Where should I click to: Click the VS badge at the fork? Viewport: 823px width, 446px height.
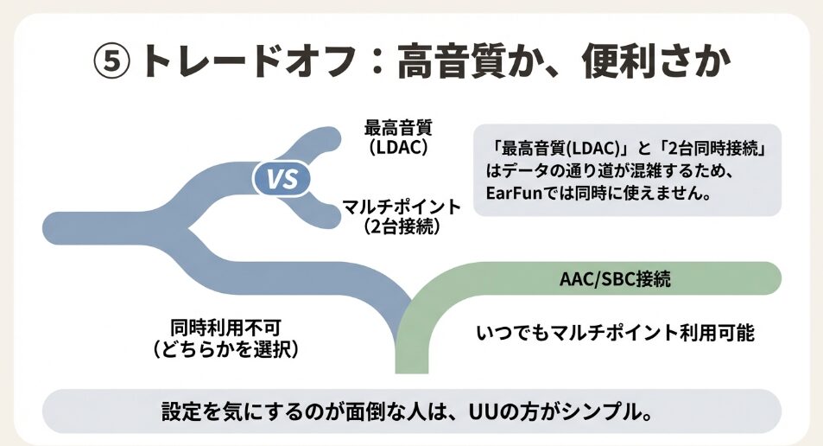pyautogui.click(x=281, y=180)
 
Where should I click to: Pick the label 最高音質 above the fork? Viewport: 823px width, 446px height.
pyautogui.click(x=398, y=128)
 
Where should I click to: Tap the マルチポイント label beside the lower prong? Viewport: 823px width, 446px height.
pyautogui.click(x=402, y=207)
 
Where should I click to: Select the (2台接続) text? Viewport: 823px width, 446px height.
pyautogui.click(x=402, y=227)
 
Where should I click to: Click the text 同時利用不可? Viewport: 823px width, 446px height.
pyautogui.click(x=225, y=328)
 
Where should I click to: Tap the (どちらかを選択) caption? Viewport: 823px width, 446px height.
pyautogui.click(x=225, y=350)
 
